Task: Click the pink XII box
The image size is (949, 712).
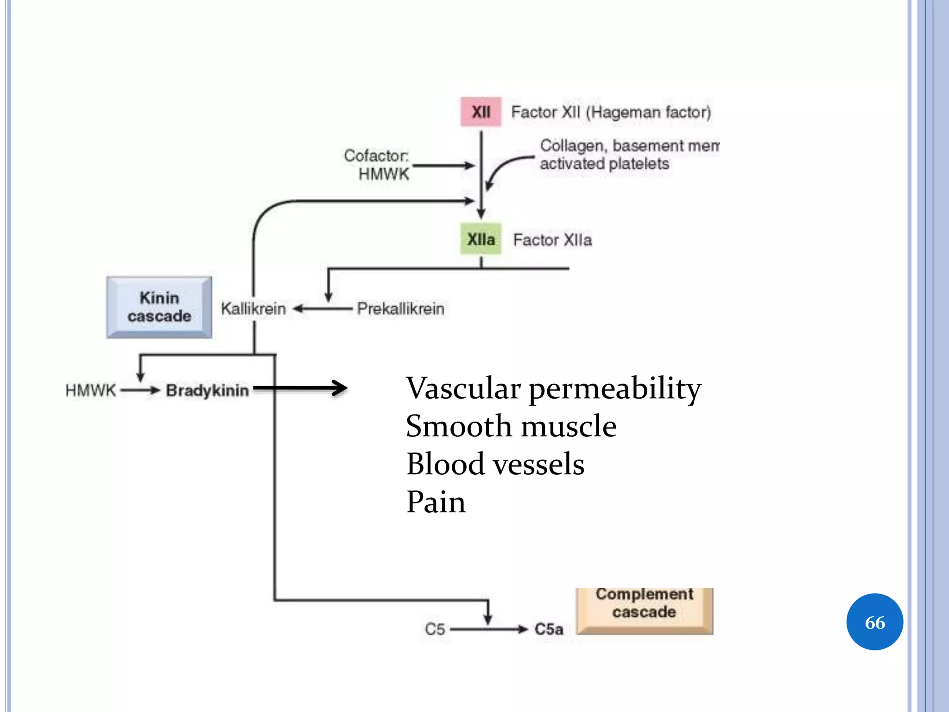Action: pos(481,112)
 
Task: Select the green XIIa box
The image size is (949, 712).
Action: pos(481,239)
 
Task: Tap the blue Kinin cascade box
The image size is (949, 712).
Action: pos(159,307)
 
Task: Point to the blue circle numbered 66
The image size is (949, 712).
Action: pos(874,622)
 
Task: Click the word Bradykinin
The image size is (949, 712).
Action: pos(207,390)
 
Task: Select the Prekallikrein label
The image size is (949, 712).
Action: pos(400,309)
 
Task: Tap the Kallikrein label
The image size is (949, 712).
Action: pos(253,309)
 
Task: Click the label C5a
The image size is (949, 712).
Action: pos(549,629)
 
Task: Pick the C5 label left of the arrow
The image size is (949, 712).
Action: pos(435,629)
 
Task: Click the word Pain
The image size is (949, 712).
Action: pos(436,502)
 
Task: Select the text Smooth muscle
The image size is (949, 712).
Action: pos(511,426)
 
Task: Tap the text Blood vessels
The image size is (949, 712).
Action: pos(495,464)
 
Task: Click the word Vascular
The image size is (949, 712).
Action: pos(463,388)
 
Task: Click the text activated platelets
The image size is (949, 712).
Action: pos(604,164)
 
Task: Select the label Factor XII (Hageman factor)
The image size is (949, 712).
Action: pos(611,112)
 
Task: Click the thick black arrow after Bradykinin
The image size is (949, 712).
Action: pos(301,388)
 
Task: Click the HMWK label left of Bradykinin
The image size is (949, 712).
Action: pos(90,390)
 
